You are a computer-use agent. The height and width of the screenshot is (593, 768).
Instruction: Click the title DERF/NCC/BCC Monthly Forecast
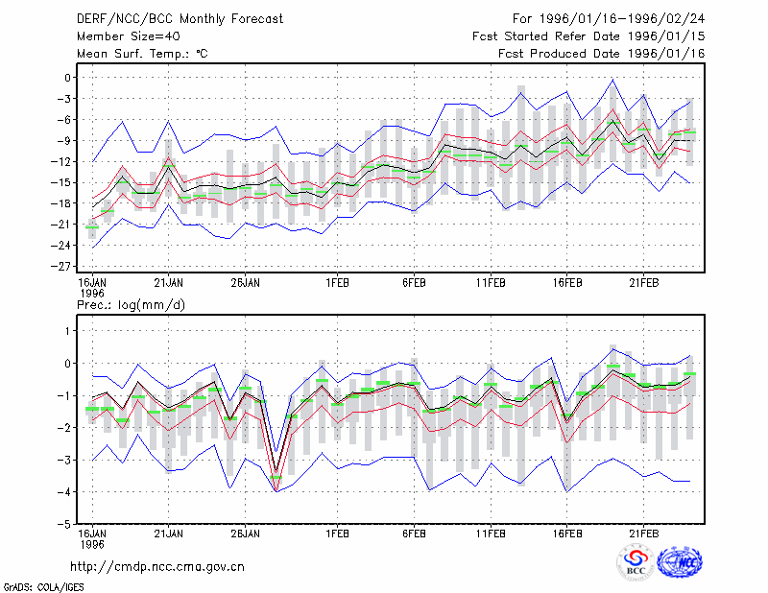coord(180,19)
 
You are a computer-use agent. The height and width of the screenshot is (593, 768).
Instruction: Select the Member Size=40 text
coord(129,36)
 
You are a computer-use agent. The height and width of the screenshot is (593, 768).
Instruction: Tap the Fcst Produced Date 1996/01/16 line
coord(602,54)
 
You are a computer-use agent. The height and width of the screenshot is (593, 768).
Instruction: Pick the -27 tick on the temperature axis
coord(61,267)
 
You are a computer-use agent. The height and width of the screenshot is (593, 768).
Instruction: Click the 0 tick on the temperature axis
coord(67,78)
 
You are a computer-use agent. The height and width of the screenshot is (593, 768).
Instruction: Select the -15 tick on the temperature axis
coord(61,182)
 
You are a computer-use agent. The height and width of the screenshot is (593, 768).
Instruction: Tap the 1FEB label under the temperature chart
coord(338,283)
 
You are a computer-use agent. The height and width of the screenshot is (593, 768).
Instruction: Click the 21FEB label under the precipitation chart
coord(643,534)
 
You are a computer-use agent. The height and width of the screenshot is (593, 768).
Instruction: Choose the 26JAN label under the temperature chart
coord(246,283)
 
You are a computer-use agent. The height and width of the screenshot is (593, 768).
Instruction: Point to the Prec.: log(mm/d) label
coord(132,305)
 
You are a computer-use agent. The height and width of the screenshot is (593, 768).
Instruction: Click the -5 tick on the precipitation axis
coord(64,524)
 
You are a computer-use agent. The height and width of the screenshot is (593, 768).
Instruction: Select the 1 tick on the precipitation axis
coord(68,331)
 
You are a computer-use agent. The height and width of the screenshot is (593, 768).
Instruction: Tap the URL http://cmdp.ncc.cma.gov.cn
coord(157,567)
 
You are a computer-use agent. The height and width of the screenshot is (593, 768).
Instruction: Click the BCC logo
coord(636,562)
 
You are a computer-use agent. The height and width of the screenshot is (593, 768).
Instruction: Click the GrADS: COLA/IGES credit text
coord(44,587)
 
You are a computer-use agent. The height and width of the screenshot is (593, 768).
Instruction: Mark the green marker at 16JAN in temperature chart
coord(92,227)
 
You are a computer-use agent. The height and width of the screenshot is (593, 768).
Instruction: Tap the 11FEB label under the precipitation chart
coord(491,534)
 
